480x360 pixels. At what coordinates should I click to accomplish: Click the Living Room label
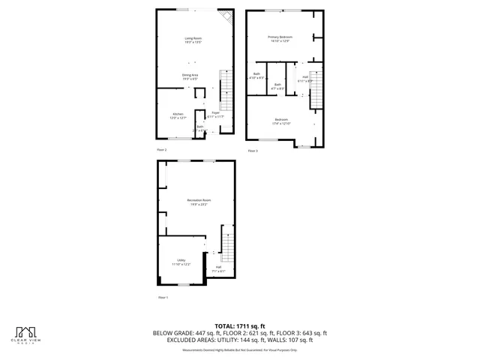click(x=194, y=40)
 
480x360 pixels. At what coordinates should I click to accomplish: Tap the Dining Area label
click(x=190, y=76)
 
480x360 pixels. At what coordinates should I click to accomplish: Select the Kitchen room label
click(x=178, y=115)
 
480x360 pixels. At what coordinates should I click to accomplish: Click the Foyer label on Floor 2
click(x=214, y=115)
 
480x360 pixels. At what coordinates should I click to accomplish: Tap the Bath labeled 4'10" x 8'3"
click(x=256, y=76)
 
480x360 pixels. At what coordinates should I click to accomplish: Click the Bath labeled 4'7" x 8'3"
click(x=277, y=86)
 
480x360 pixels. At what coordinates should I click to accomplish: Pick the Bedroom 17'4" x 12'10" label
click(x=281, y=121)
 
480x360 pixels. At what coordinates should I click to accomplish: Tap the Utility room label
click(x=181, y=262)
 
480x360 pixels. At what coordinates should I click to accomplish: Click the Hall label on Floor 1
click(x=218, y=268)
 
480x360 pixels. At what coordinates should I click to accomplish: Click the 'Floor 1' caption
click(x=163, y=298)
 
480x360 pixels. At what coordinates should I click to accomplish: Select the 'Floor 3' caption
click(x=253, y=151)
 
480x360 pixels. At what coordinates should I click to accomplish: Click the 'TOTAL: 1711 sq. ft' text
click(x=240, y=325)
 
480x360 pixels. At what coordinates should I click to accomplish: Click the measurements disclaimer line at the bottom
click(x=240, y=349)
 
